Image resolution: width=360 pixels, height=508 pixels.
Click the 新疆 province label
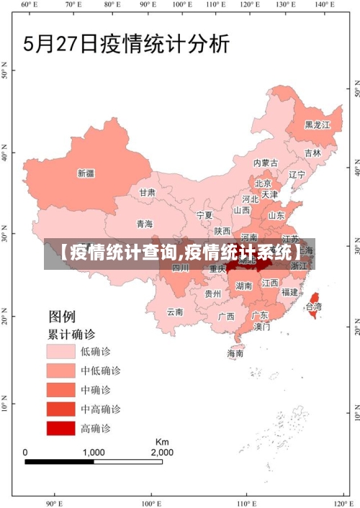coord(86,173)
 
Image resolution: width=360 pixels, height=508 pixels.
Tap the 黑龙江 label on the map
coord(317,124)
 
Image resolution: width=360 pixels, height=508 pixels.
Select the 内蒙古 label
coord(266,163)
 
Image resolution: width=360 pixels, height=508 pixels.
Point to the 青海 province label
coord(145,224)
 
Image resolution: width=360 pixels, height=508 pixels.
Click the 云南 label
coord(175,312)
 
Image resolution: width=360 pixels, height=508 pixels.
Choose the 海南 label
coord(235,353)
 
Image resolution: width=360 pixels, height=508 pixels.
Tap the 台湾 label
coord(314,307)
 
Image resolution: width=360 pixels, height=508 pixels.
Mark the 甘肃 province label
coord(147,193)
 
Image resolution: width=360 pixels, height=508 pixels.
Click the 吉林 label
coord(312,153)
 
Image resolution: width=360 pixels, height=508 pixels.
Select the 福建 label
coord(289,292)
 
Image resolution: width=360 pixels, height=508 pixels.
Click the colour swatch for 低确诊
coord(61,351)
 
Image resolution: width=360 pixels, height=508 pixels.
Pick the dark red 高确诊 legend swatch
coord(61,429)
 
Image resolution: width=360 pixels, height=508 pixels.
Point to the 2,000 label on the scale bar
coord(161,452)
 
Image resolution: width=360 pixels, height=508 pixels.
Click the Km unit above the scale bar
coord(162,441)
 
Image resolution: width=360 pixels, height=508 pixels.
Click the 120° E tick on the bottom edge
coord(341,503)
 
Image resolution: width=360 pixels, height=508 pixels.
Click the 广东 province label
coord(260,315)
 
